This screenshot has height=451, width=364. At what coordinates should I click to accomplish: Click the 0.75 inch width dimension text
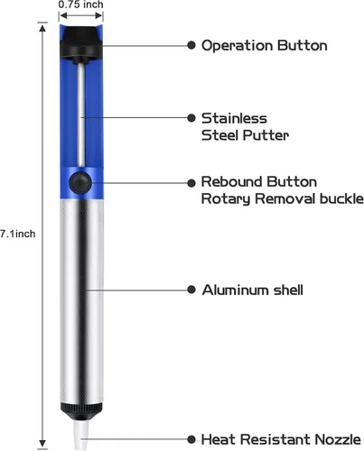pyautogui.click(x=80, y=5)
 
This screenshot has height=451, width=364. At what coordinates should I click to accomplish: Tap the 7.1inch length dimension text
pyautogui.click(x=18, y=234)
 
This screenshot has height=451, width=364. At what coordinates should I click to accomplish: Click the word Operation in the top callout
pyautogui.click(x=238, y=46)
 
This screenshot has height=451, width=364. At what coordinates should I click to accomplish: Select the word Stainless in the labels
pyautogui.click(x=234, y=118)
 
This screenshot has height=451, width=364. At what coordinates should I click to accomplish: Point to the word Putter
pyautogui.click(x=266, y=135)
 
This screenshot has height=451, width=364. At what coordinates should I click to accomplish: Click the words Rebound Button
pyautogui.click(x=259, y=182)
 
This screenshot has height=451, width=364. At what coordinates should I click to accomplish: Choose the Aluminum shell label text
pyautogui.click(x=253, y=290)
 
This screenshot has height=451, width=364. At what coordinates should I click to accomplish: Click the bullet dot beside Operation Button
pyautogui.click(x=191, y=45)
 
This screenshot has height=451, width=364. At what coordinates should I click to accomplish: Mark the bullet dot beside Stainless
pyautogui.click(x=191, y=118)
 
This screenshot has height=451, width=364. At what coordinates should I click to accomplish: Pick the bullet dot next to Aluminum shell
pyautogui.click(x=191, y=290)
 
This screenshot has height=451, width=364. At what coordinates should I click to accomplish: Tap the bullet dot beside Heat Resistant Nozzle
pyautogui.click(x=191, y=439)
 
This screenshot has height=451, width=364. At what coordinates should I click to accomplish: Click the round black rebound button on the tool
pyautogui.click(x=79, y=182)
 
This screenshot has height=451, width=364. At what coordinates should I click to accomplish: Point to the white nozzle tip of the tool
pyautogui.click(x=81, y=435)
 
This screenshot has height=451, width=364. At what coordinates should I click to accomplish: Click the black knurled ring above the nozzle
pyautogui.click(x=81, y=411)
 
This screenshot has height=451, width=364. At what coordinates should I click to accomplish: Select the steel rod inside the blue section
pyautogui.click(x=81, y=115)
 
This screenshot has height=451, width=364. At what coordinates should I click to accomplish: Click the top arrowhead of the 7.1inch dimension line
pyautogui.click(x=42, y=28)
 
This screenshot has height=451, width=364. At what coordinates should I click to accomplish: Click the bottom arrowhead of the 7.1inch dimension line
pyautogui.click(x=42, y=444)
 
